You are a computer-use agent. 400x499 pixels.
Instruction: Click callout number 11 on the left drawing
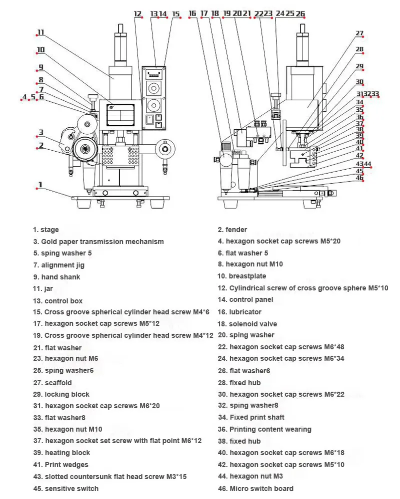[40, 33]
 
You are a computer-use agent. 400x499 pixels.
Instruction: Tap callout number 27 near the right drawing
[359, 34]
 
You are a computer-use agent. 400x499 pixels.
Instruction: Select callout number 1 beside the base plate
[40, 185]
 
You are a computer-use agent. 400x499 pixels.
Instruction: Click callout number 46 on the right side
[359, 178]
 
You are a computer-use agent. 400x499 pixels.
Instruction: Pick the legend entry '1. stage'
[46, 230]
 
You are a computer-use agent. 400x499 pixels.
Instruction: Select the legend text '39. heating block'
[61, 453]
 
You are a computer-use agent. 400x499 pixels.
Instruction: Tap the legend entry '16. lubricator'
[239, 312]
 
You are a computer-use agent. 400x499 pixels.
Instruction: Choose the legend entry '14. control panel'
[245, 299]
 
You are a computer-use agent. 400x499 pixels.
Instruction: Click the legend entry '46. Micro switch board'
[255, 488]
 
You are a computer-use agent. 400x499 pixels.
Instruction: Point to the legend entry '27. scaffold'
[52, 383]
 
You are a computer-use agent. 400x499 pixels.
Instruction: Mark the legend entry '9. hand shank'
[56, 277]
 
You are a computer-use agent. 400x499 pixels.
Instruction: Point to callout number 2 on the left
[40, 146]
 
